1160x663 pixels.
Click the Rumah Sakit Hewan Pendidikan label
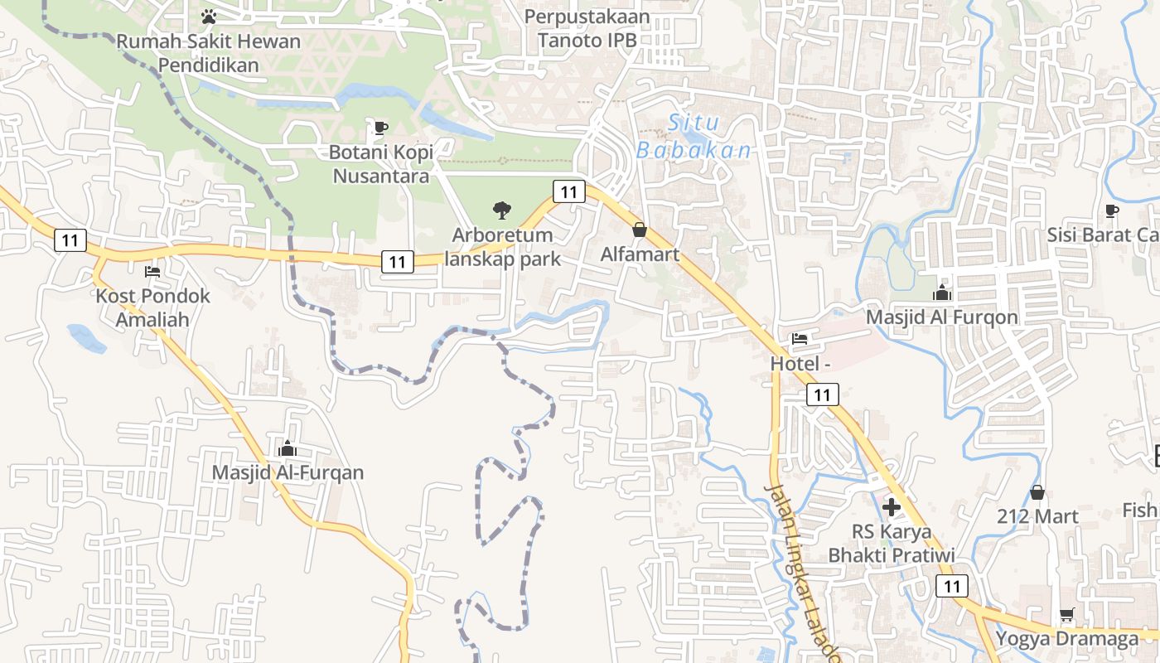point(209,52)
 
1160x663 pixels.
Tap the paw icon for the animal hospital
point(209,16)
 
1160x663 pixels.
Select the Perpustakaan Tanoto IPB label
point(587,27)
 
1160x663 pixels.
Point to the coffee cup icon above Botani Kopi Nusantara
point(380,128)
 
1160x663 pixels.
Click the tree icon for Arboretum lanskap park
point(501,211)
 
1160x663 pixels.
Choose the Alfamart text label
point(640,254)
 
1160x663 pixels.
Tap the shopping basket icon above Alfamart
point(640,230)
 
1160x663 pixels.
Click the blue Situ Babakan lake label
point(694,137)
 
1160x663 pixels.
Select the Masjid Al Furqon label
point(941,317)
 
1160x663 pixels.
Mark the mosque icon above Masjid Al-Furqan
point(288,448)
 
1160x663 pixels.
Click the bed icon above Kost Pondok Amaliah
point(152,271)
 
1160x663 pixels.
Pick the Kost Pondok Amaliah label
point(153,307)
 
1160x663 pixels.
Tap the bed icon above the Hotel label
point(800,339)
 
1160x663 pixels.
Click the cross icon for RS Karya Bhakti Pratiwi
point(892,506)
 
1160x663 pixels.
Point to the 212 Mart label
point(1037,516)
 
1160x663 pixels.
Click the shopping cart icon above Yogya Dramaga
point(1067,615)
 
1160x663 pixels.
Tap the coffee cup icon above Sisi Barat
point(1112,211)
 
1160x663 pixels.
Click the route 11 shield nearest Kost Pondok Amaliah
point(70,240)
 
